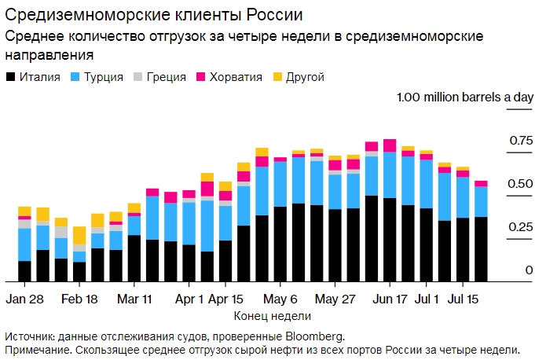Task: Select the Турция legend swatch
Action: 75,77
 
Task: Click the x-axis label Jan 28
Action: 24,299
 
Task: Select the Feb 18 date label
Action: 79,299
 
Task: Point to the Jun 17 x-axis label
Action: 390,299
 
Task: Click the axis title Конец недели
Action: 273,315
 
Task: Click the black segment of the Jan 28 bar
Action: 24,271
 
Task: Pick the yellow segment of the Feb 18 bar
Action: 79,235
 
